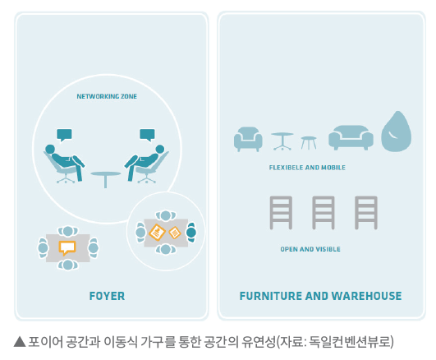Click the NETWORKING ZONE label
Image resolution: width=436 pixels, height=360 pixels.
tap(107, 96)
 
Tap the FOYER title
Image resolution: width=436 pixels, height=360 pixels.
tap(107, 296)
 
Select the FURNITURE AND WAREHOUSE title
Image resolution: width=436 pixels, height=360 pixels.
tap(320, 296)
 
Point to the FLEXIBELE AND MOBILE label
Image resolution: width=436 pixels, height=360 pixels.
tap(307, 168)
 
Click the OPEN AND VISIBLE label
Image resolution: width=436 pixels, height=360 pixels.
tap(310, 249)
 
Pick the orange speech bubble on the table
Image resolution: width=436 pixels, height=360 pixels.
tap(67, 247)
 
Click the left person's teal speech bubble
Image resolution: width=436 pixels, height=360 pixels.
tap(64, 135)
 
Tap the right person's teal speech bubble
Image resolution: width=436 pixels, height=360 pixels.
tap(147, 135)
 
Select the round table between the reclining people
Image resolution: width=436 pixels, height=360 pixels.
tap(106, 179)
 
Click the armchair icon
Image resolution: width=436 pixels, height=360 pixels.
tap(248, 139)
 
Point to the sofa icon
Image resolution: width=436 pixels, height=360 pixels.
tap(351, 137)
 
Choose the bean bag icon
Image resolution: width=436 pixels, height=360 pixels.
tap(397, 132)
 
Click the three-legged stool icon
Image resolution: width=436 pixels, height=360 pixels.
tap(309, 143)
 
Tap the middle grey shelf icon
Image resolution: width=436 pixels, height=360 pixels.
tap(324, 213)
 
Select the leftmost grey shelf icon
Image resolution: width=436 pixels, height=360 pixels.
tap(281, 213)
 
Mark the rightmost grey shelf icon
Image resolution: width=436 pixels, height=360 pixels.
tap(366, 213)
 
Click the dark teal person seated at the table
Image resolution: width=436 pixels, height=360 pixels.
tap(191, 233)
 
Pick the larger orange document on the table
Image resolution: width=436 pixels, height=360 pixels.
tap(157, 233)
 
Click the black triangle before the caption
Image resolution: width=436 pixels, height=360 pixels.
tap(20, 342)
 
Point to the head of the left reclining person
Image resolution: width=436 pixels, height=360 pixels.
tap(50, 149)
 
